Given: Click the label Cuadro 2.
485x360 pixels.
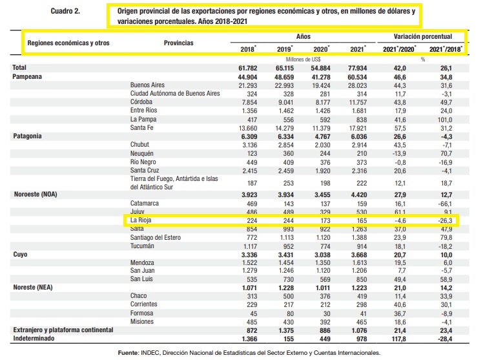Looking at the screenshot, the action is pyautogui.click(x=65, y=11).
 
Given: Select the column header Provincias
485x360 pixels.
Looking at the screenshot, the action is pyautogui.click(x=178, y=43).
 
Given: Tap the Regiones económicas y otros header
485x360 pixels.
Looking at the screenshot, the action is pyautogui.click(x=68, y=43).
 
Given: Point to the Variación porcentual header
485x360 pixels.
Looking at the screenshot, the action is pyautogui.click(x=422, y=37).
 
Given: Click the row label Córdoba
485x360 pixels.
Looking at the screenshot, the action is pyautogui.click(x=141, y=102).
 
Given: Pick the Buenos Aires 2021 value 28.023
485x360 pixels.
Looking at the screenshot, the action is pyautogui.click(x=357, y=85).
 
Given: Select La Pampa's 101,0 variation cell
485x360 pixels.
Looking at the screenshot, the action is pyautogui.click(x=445, y=120).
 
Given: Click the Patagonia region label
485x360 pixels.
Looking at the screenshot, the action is pyautogui.click(x=27, y=136).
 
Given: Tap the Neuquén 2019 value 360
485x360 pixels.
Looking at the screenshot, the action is pyautogui.click(x=288, y=154).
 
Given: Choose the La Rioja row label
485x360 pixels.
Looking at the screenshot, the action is pyautogui.click(x=141, y=220).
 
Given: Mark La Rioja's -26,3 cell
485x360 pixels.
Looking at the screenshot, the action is pyautogui.click(x=445, y=220).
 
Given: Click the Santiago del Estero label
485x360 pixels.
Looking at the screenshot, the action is pyautogui.click(x=155, y=237).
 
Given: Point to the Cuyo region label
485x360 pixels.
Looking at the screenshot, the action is pyautogui.click(x=20, y=255).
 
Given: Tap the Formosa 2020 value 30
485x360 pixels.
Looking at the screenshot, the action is pyautogui.click(x=327, y=313).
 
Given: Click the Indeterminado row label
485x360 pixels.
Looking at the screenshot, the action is pyautogui.click(x=34, y=338).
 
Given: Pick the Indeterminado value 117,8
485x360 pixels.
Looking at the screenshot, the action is pyautogui.click(x=398, y=339).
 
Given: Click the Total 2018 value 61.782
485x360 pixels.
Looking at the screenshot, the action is pyautogui.click(x=248, y=68).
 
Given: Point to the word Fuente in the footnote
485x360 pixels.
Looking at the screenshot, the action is pyautogui.click(x=128, y=353).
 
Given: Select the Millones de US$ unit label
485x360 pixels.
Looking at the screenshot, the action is pyautogui.click(x=303, y=59).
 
